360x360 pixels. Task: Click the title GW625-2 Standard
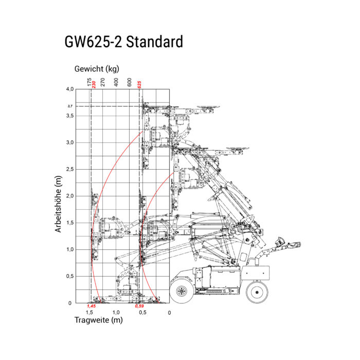pyautogui.click(x=123, y=42)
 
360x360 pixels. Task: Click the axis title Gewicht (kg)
pyautogui.click(x=97, y=69)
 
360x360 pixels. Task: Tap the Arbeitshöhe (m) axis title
pyautogui.click(x=58, y=204)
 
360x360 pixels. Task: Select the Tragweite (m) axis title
pyautogui.click(x=99, y=320)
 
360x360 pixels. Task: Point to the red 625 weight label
pyautogui.click(x=139, y=85)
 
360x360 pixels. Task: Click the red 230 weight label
pyautogui.click(x=94, y=85)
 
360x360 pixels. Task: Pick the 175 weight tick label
pyautogui.click(x=89, y=82)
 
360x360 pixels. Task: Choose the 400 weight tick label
pyautogui.click(x=116, y=82)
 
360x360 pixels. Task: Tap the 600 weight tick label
pyautogui.click(x=129, y=82)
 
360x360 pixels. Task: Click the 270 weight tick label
pyautogui.click(x=103, y=82)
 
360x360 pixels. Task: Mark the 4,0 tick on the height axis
pyautogui.click(x=70, y=89)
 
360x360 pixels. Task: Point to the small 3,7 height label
pyautogui.click(x=70, y=106)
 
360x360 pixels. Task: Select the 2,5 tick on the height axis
pyautogui.click(x=70, y=169)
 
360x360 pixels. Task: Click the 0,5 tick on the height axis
pyautogui.click(x=70, y=276)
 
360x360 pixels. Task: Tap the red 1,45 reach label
pyautogui.click(x=91, y=306)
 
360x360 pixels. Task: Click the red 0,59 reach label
pyautogui.click(x=139, y=306)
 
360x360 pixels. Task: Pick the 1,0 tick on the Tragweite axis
pyautogui.click(x=116, y=313)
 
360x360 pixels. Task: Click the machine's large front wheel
pyautogui.click(x=182, y=291)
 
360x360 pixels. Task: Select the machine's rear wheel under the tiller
pyautogui.click(x=257, y=292)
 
